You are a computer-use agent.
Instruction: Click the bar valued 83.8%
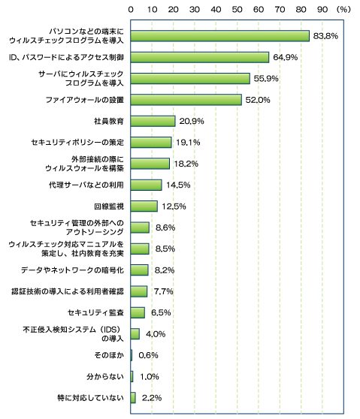(x=220, y=36)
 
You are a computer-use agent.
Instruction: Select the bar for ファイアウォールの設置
(x=186, y=100)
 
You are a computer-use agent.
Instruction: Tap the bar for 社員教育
(x=153, y=121)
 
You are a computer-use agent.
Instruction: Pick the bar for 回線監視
(x=144, y=206)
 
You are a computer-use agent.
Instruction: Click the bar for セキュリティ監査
(x=138, y=312)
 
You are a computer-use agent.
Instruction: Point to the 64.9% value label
(x=285, y=57)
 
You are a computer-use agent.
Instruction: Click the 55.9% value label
(x=266, y=79)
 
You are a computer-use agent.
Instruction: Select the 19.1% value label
(x=188, y=143)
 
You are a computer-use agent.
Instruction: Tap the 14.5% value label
(x=178, y=185)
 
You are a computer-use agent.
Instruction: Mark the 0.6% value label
(x=149, y=355)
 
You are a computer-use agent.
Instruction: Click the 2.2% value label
(x=152, y=398)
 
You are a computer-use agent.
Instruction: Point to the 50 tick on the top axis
(x=237, y=10)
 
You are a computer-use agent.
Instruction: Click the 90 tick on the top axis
(x=322, y=10)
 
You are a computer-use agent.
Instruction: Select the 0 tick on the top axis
(x=131, y=10)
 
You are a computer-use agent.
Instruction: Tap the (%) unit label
(x=343, y=10)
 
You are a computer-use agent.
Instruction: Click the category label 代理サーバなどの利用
(x=86, y=185)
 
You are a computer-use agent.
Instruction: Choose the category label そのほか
(x=109, y=355)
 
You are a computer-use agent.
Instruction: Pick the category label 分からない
(x=105, y=376)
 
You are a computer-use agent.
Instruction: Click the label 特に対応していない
(x=90, y=398)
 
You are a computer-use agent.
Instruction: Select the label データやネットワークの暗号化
(x=72, y=270)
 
